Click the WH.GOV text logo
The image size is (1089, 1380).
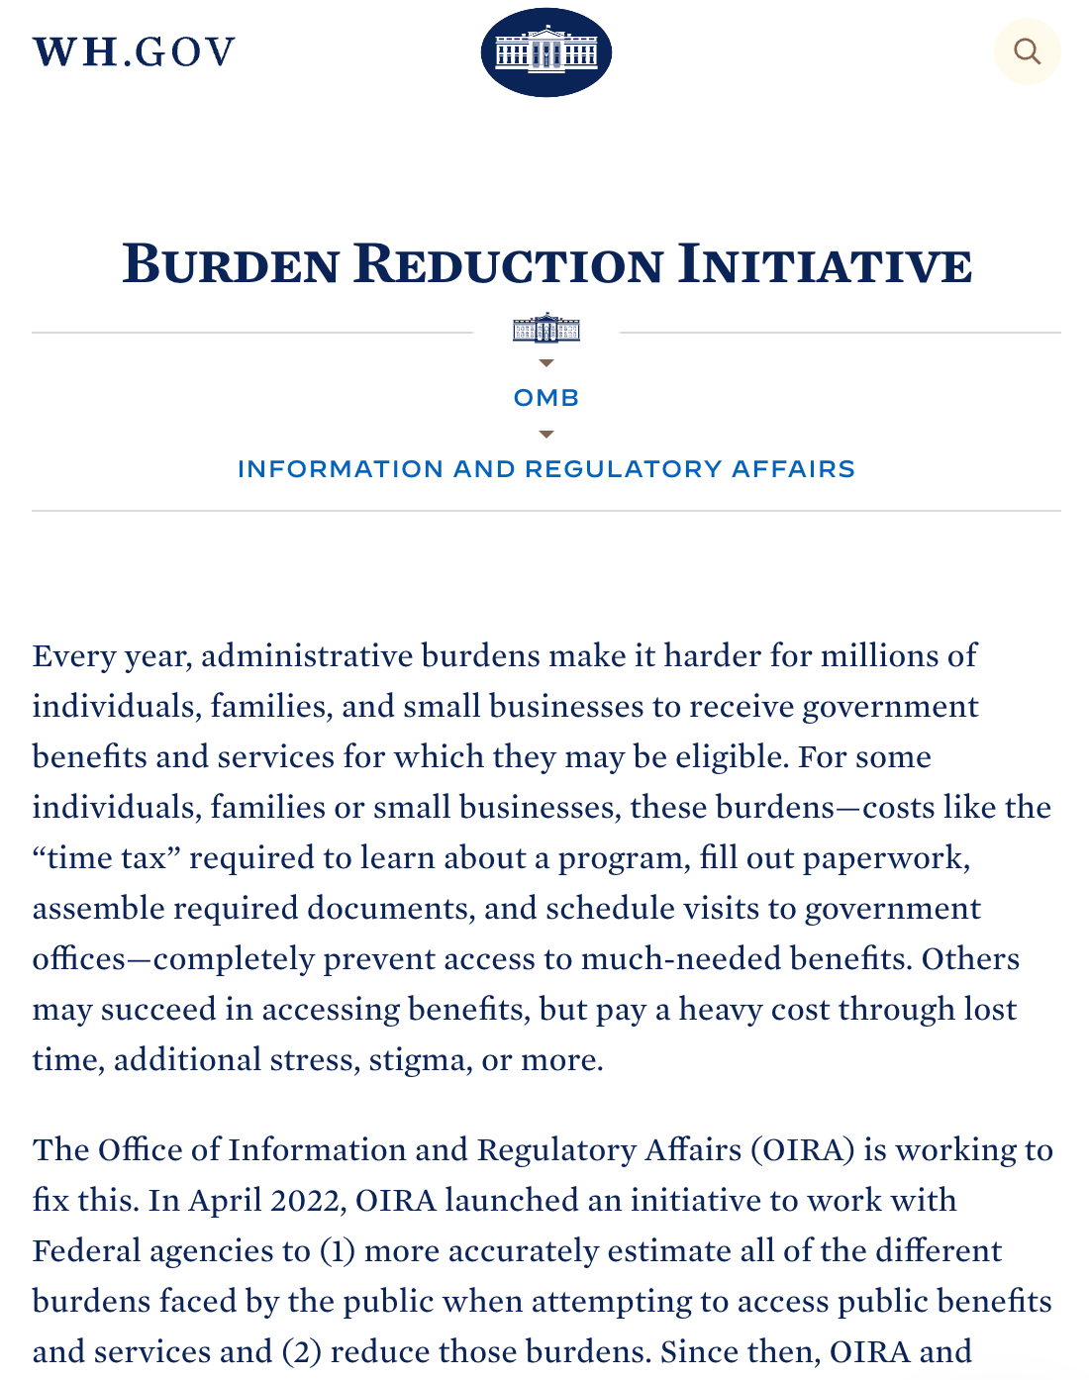(135, 52)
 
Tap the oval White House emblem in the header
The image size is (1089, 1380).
(545, 52)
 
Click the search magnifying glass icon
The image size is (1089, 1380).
(1027, 51)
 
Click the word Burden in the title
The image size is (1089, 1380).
(231, 264)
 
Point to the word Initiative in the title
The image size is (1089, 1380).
(825, 264)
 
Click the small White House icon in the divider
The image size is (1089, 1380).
(545, 329)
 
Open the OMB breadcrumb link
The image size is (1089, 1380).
(545, 398)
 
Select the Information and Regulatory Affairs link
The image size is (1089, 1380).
(545, 469)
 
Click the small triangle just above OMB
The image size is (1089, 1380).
(545, 363)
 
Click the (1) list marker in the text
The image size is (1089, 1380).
(337, 1251)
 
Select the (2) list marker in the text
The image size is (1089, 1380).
(301, 1352)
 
